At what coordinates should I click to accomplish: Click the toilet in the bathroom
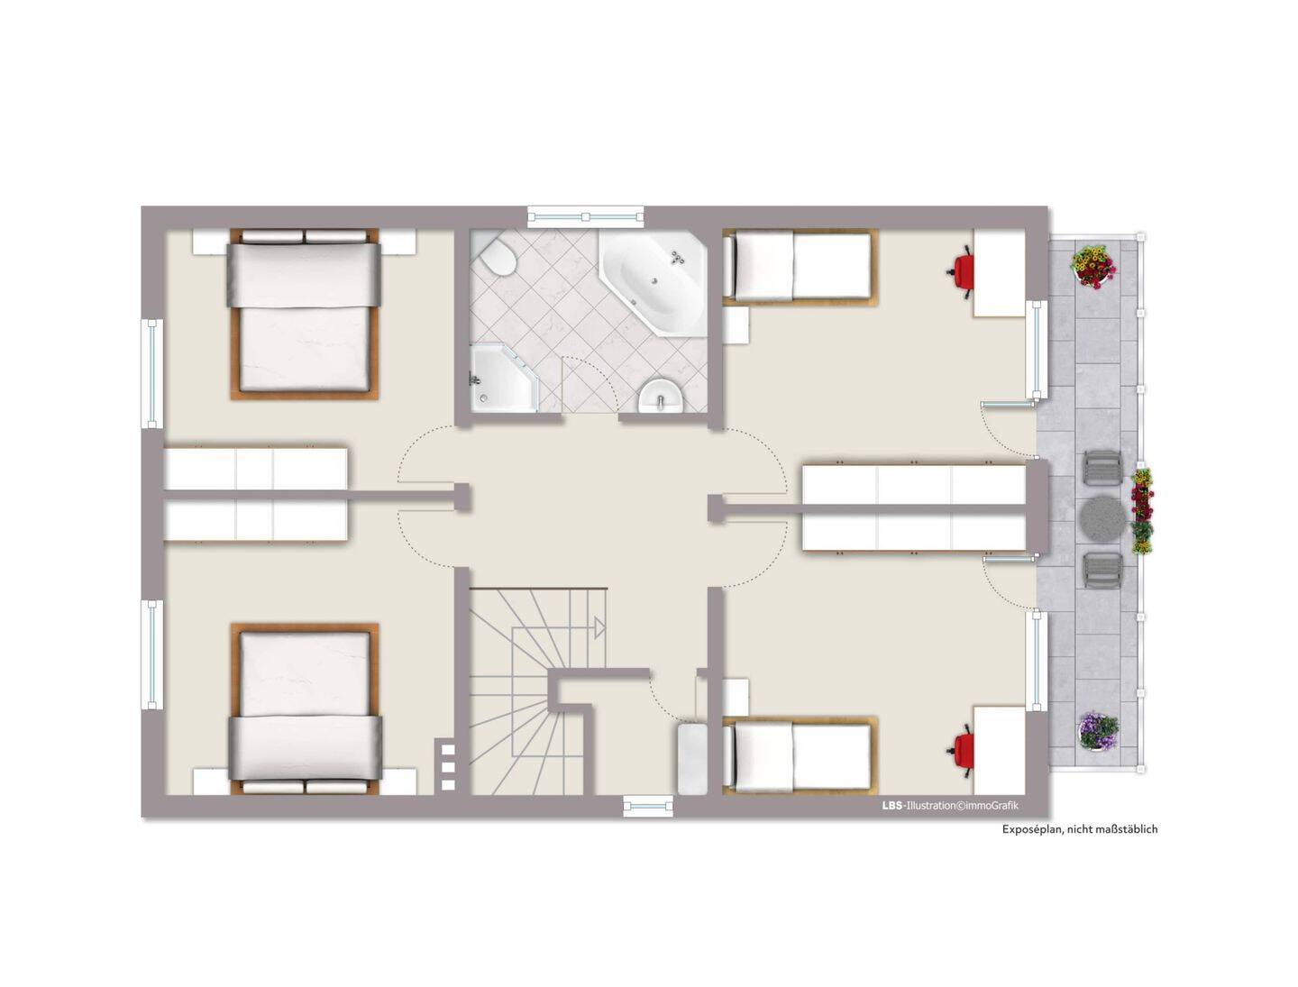pyautogui.click(x=496, y=257)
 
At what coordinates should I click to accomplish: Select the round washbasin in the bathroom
pyautogui.click(x=660, y=396)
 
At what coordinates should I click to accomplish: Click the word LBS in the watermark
pyautogui.click(x=891, y=805)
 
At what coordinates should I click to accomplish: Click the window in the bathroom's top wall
pyautogui.click(x=585, y=216)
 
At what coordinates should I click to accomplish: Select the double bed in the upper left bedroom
pyautogui.click(x=304, y=314)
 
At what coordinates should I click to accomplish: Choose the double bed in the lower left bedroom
pyautogui.click(x=304, y=708)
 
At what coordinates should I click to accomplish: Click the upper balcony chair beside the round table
pyautogui.click(x=1102, y=467)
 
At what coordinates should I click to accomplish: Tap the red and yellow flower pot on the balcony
pyautogui.click(x=1092, y=266)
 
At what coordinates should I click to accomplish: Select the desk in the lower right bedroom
pyautogui.click(x=999, y=750)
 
